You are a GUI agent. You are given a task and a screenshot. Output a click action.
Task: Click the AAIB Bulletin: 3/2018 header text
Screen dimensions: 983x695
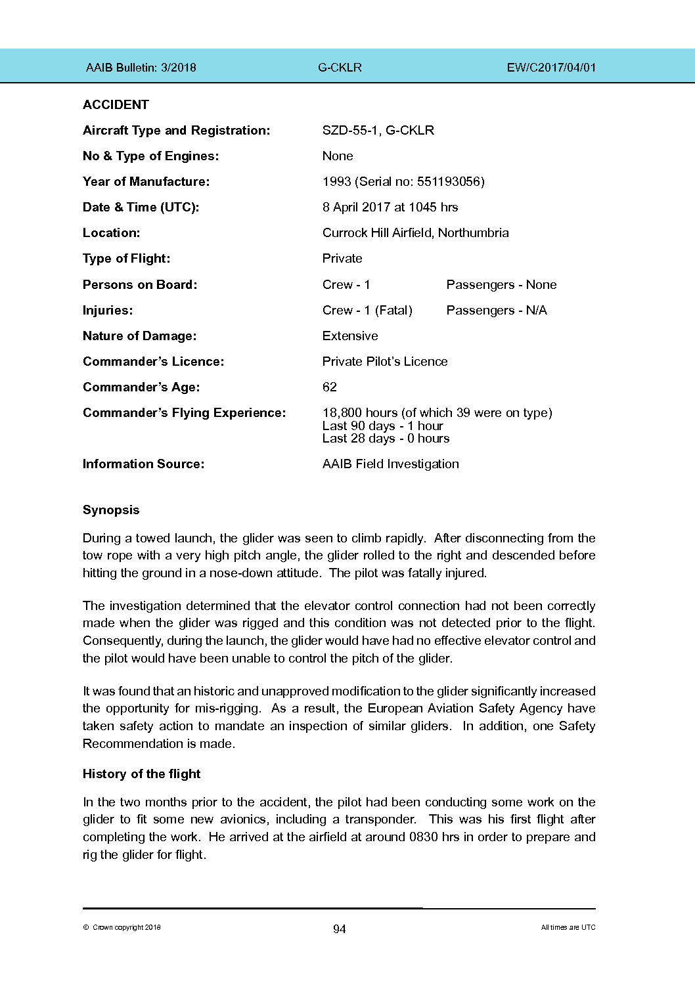click(141, 67)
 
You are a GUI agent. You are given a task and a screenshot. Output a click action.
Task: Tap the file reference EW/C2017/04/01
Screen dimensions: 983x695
click(551, 67)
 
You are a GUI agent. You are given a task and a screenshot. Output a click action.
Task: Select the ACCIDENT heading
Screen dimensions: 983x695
click(116, 104)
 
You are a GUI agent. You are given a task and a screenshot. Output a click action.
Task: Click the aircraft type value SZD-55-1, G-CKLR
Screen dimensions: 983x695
click(378, 130)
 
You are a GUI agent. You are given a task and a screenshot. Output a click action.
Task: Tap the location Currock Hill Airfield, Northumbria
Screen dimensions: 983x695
click(415, 232)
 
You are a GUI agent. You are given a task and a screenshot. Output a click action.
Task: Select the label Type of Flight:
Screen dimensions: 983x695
click(126, 258)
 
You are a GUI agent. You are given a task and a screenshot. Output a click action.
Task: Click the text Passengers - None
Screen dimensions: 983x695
click(501, 284)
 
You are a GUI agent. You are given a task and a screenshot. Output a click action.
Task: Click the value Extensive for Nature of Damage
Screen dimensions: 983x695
click(350, 336)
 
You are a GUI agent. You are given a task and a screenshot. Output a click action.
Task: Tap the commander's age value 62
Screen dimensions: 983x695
click(330, 387)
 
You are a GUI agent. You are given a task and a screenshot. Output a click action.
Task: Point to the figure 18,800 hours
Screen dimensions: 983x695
click(359, 412)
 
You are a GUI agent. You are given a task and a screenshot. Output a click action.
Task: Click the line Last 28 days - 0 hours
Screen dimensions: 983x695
click(386, 438)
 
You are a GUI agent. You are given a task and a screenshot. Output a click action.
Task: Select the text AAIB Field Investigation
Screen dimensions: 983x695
click(390, 464)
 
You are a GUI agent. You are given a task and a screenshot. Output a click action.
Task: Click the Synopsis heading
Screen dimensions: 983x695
click(111, 510)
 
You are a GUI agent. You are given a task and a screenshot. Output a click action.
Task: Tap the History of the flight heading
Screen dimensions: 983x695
click(141, 774)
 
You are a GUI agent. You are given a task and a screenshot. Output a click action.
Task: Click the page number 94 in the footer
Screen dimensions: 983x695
click(339, 928)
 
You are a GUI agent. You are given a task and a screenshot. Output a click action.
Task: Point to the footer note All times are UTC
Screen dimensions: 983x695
click(568, 927)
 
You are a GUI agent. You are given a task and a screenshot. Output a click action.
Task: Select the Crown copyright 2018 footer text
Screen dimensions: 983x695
click(122, 927)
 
